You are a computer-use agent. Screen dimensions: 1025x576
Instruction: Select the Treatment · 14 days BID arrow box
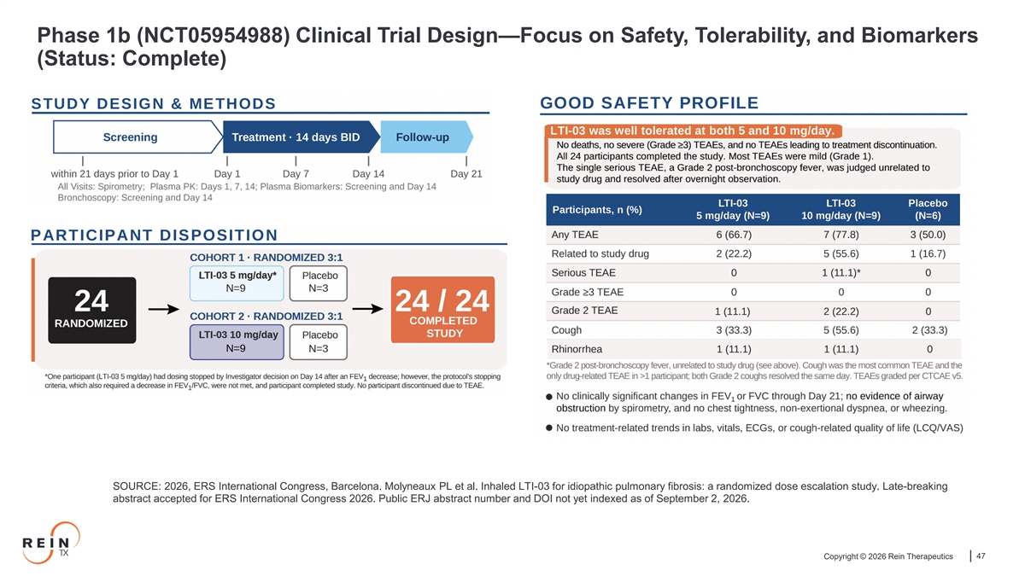[x=301, y=137]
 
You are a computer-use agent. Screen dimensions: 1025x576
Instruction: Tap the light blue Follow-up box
[x=426, y=137]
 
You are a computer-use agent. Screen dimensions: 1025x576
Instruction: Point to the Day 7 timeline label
[x=296, y=174]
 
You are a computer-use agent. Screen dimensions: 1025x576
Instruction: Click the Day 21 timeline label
[x=466, y=174]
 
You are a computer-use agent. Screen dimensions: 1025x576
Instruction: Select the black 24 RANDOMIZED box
[x=92, y=310]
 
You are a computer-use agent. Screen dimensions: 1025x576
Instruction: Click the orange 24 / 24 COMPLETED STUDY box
[x=442, y=310]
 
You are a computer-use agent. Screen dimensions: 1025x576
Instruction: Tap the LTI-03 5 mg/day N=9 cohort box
[x=237, y=283]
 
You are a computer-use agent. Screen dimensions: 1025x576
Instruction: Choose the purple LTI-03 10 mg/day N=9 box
[x=237, y=342]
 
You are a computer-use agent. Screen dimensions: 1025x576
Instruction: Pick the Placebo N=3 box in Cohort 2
[x=319, y=342]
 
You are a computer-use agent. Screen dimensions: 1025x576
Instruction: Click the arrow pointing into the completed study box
[x=368, y=309]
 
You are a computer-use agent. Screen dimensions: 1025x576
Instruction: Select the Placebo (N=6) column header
[x=928, y=209]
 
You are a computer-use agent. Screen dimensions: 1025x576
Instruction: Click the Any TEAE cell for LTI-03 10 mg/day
[x=841, y=235]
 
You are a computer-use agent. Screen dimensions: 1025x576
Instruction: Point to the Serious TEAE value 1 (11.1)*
[x=841, y=273]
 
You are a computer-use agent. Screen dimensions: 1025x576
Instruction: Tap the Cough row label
[x=566, y=330]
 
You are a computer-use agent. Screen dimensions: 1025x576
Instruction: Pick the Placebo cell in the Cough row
[x=929, y=330]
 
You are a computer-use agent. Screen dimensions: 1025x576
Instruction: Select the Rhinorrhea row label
[x=577, y=349]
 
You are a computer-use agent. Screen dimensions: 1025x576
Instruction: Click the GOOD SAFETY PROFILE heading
[x=649, y=103]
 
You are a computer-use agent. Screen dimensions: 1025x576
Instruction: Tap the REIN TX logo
[x=50, y=543]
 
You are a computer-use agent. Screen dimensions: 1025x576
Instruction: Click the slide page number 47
[x=981, y=556]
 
